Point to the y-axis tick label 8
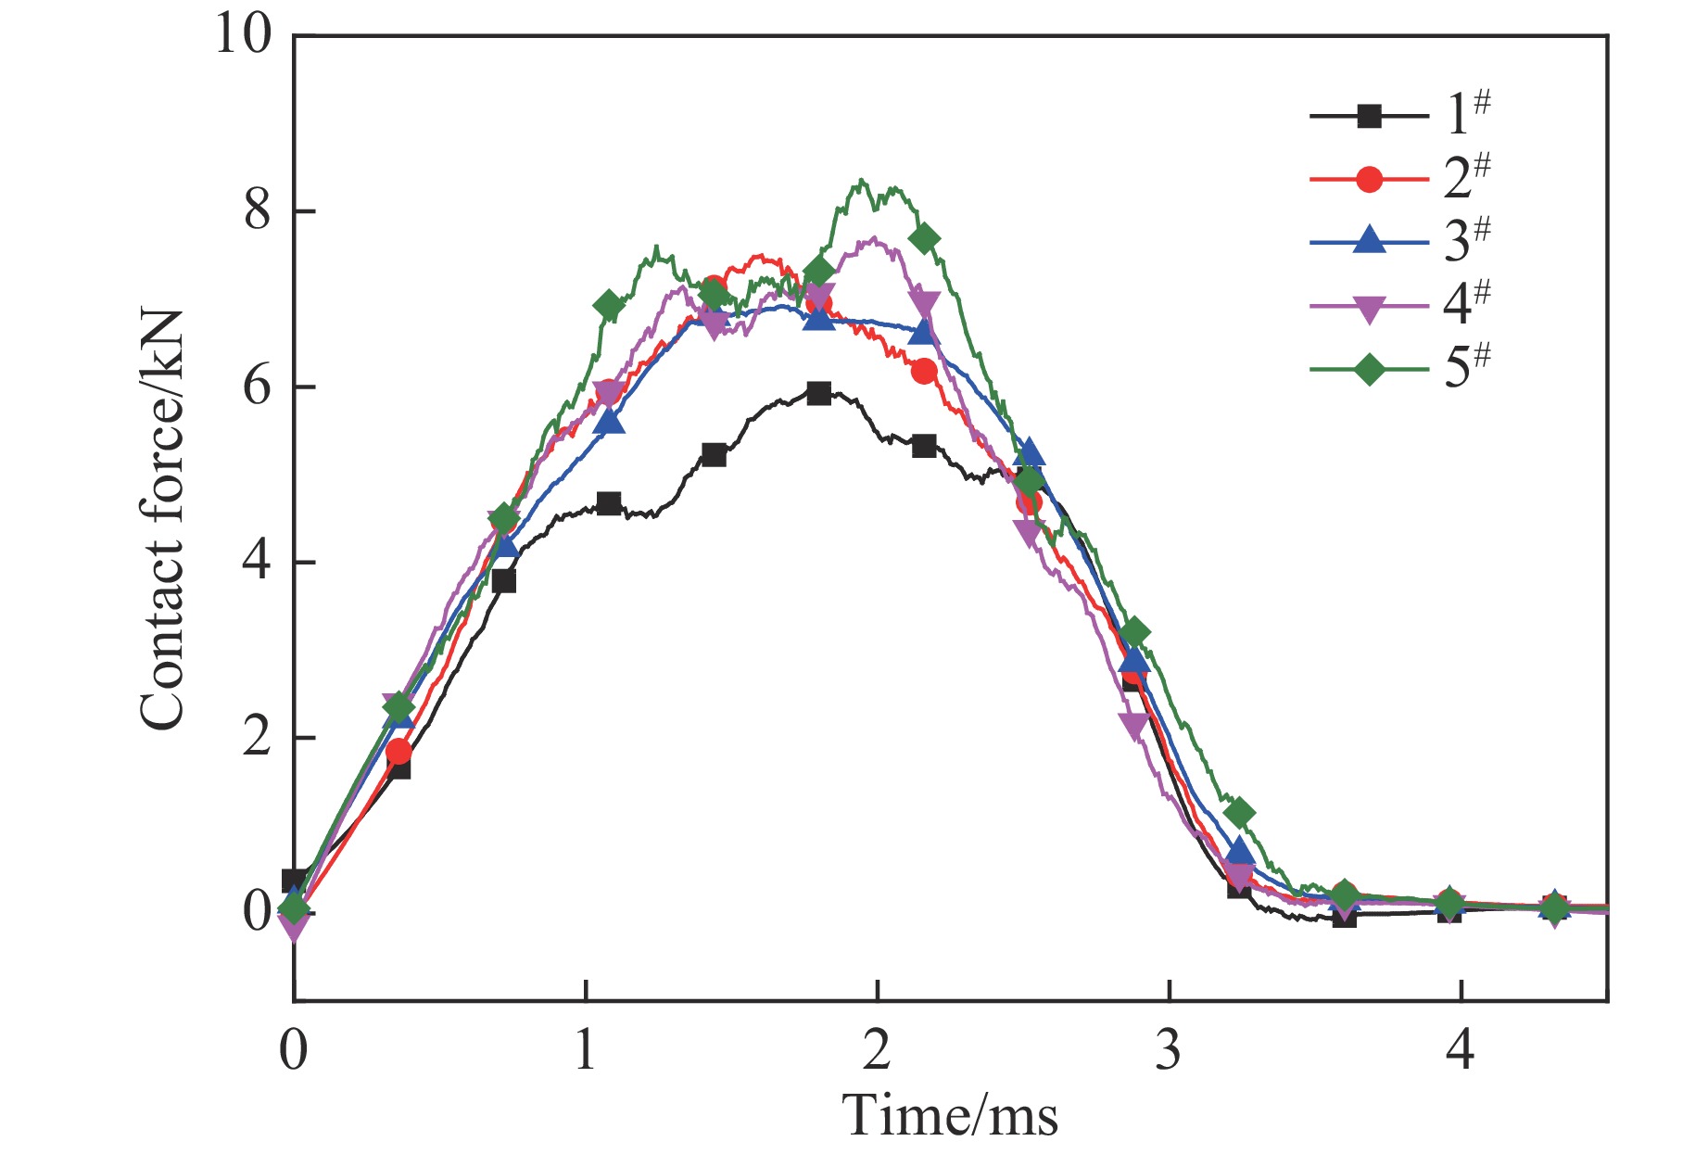click(x=258, y=211)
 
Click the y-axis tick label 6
click(x=258, y=387)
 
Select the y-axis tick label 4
click(x=258, y=563)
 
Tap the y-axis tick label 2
click(x=258, y=738)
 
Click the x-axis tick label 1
click(x=585, y=1051)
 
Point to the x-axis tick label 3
click(x=1169, y=1051)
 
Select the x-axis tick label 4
click(x=1461, y=1051)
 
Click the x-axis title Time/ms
click(x=950, y=1115)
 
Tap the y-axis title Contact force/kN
click(x=162, y=519)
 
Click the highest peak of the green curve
click(x=862, y=180)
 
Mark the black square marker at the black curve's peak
click(x=818, y=393)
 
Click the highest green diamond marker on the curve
click(x=924, y=239)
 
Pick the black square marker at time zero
click(x=295, y=881)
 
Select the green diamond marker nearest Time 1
click(x=609, y=305)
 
